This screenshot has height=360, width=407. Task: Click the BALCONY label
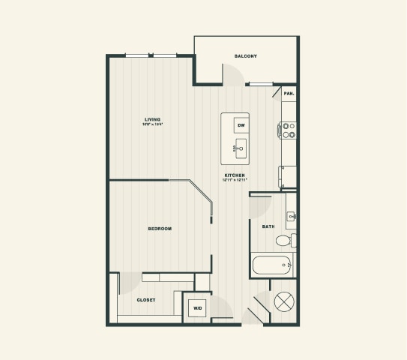(246, 56)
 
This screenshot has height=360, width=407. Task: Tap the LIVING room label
(154, 118)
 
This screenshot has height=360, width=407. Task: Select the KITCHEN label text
(234, 175)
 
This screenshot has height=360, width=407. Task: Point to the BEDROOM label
(160, 228)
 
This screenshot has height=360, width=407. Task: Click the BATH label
(268, 226)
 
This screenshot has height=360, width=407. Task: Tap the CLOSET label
(146, 300)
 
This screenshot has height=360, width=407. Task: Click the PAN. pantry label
(289, 94)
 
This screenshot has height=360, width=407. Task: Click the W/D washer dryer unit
(198, 307)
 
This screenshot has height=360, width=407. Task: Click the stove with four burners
(289, 130)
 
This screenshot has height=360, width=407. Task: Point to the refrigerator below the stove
(289, 176)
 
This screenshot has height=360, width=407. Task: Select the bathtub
(271, 265)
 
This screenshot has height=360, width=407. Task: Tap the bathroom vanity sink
(292, 217)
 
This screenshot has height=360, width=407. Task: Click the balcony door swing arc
(231, 73)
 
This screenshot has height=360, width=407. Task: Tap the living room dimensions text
(154, 124)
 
